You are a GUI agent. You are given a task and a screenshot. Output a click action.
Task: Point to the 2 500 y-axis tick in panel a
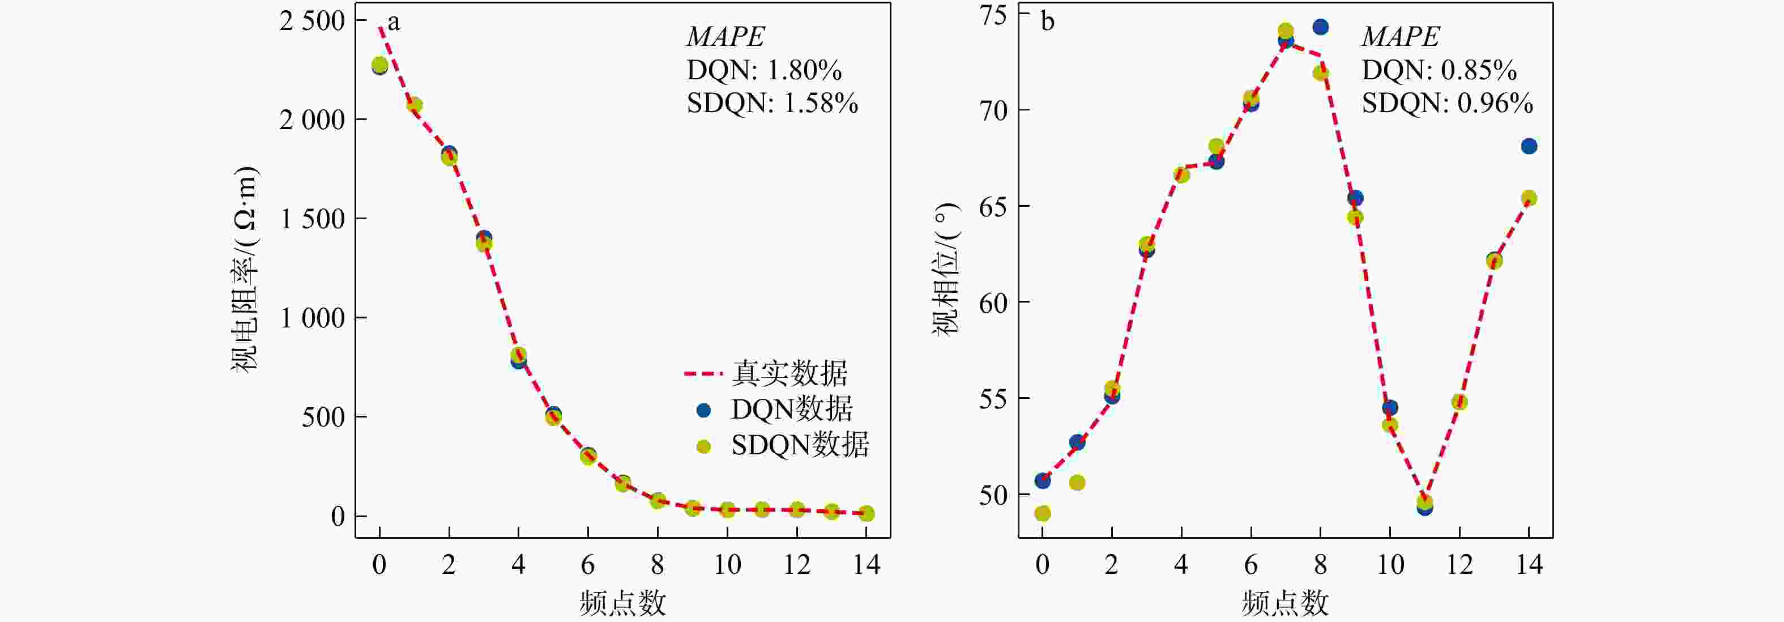(x=311, y=21)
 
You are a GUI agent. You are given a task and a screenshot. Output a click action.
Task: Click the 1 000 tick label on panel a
(x=311, y=318)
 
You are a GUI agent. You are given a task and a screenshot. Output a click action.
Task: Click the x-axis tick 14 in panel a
(x=867, y=565)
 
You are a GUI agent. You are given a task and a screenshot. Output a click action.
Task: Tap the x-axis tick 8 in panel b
(x=1320, y=565)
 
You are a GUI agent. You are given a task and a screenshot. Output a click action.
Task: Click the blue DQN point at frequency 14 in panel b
(x=1529, y=146)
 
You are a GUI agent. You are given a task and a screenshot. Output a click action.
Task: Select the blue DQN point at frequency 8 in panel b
(x=1321, y=27)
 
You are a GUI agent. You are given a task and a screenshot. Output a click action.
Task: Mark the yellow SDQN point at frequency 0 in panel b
(x=1042, y=513)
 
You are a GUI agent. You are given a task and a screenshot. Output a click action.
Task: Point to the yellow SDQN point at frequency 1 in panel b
(x=1077, y=483)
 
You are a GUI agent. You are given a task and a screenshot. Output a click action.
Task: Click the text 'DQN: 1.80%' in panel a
(x=764, y=70)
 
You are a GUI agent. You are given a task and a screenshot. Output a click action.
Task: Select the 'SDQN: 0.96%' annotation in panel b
(x=1448, y=103)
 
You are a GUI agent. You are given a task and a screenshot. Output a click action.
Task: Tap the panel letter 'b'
(x=1048, y=22)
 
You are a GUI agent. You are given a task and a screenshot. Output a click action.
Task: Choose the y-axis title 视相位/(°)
(x=946, y=269)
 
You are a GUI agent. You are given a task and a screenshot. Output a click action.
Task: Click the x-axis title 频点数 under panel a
(x=622, y=603)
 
